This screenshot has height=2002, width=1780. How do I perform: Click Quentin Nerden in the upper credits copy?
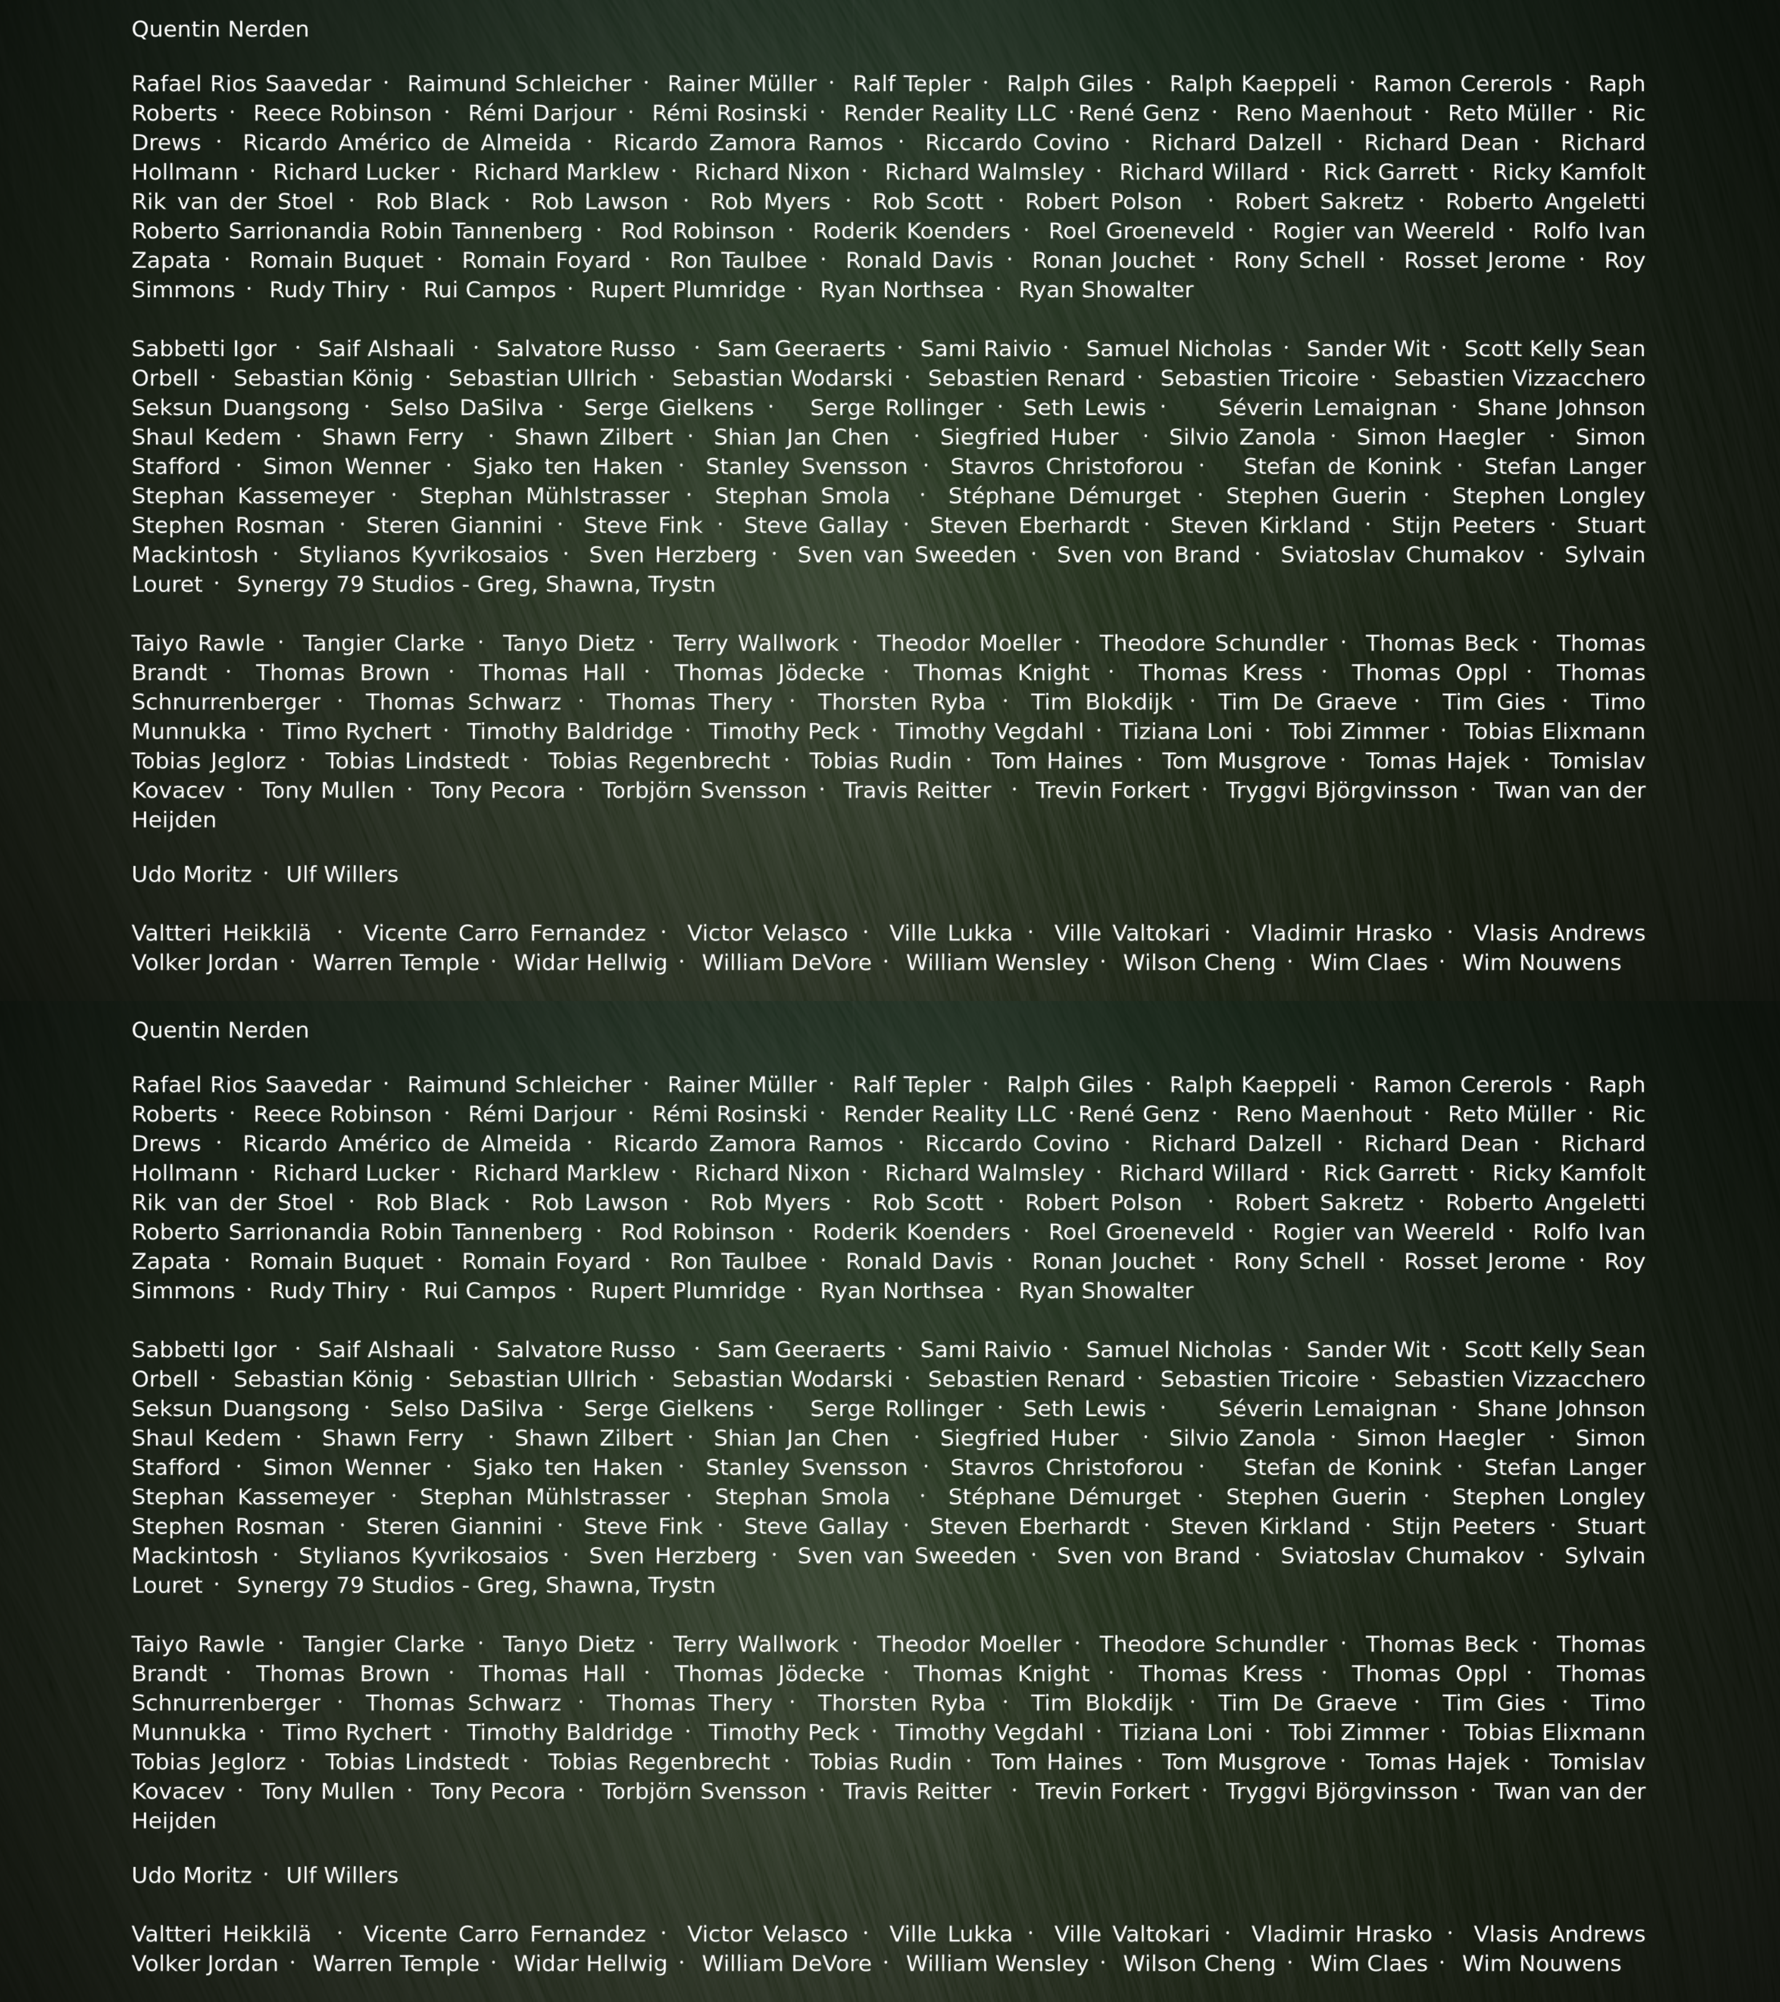point(219,29)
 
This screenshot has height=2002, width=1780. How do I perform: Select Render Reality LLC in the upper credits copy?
point(949,113)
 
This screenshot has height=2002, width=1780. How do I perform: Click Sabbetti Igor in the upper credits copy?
point(204,349)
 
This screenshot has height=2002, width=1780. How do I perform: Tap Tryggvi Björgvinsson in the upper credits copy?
point(1341,791)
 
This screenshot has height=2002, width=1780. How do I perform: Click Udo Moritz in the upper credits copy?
point(191,875)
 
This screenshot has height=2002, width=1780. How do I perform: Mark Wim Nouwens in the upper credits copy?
point(1541,963)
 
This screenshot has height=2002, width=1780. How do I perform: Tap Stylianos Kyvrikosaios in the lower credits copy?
point(423,1555)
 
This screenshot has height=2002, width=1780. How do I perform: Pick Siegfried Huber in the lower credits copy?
point(1029,1438)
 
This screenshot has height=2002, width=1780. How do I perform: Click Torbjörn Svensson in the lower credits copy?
point(704,1792)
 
